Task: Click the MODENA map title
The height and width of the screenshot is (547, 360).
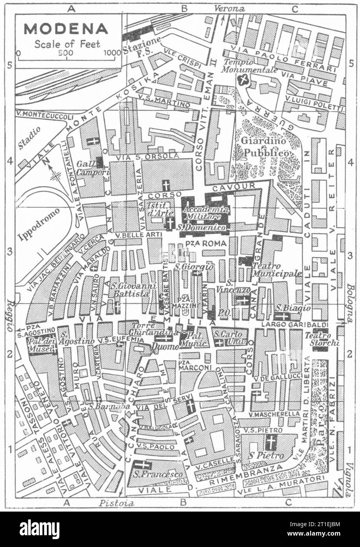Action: click(66, 29)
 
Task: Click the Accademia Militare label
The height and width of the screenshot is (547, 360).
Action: click(205, 213)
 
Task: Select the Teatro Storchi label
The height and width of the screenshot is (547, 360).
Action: click(322, 339)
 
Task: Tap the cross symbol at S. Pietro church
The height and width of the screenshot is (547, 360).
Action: click(270, 443)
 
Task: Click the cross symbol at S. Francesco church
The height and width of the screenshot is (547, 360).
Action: click(142, 465)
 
